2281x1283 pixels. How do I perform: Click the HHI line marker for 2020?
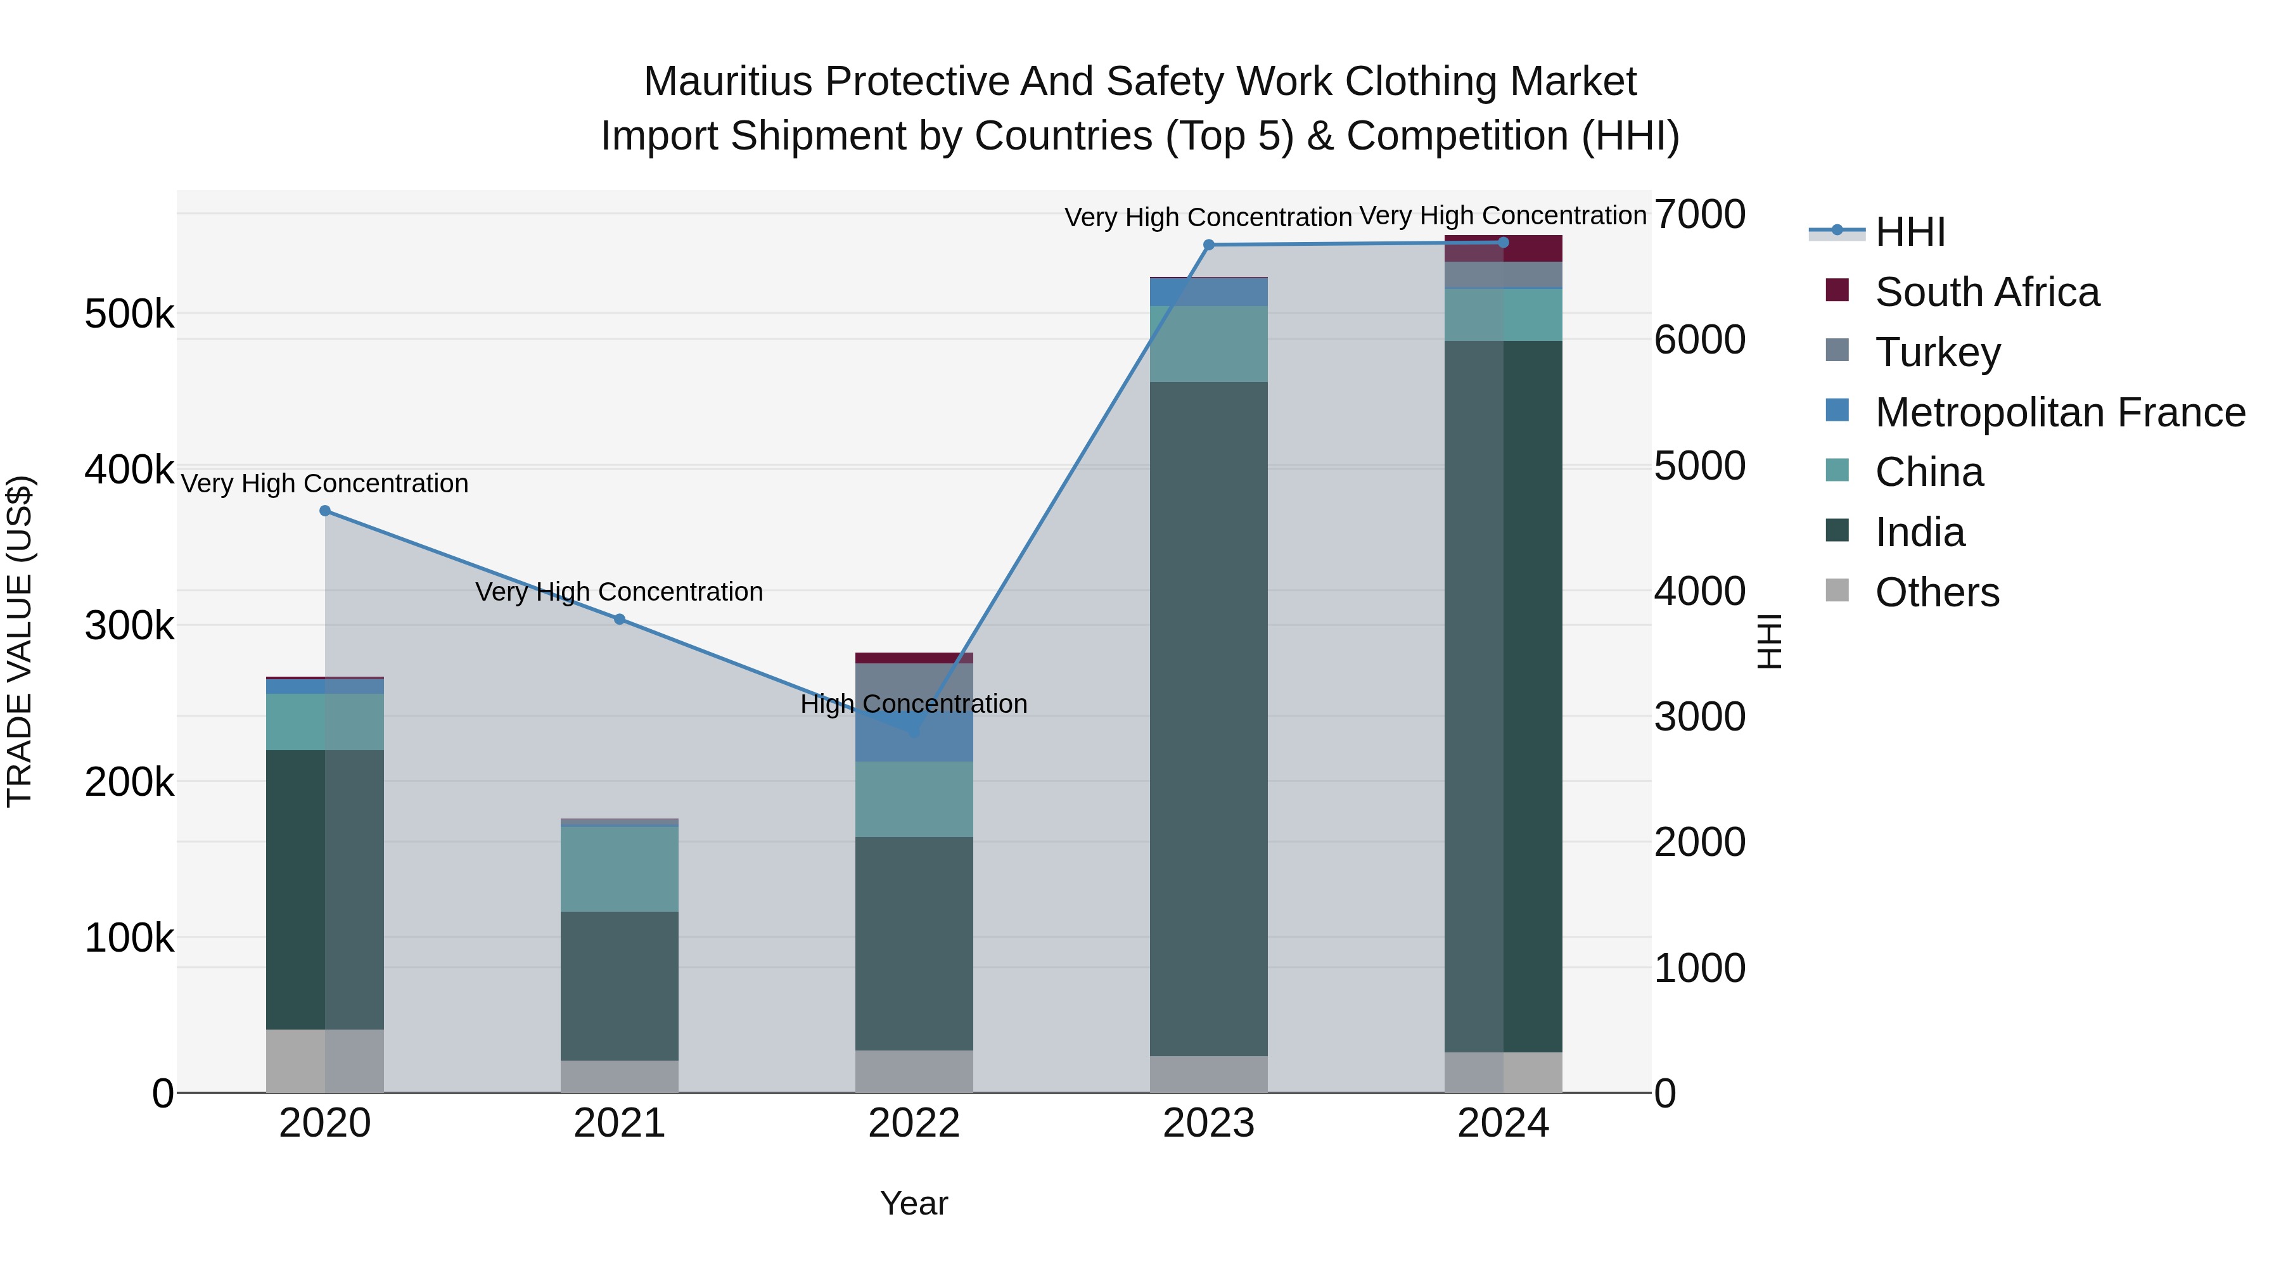pyautogui.click(x=325, y=511)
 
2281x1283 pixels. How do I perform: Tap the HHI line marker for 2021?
pyautogui.click(x=620, y=619)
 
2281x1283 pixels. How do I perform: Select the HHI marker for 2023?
pyautogui.click(x=1209, y=245)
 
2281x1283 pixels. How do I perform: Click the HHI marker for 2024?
pyautogui.click(x=1504, y=243)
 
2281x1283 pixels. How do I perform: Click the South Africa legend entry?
pyautogui.click(x=1986, y=292)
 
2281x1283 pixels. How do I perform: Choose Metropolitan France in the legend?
pyautogui.click(x=2060, y=412)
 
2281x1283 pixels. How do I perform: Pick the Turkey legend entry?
pyautogui.click(x=1938, y=352)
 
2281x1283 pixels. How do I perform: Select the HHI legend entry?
pyautogui.click(x=1910, y=232)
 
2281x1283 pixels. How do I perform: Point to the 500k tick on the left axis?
pyautogui.click(x=129, y=314)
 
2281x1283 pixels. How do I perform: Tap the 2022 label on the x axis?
pyautogui.click(x=914, y=1123)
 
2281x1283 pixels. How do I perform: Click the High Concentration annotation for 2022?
pyautogui.click(x=914, y=704)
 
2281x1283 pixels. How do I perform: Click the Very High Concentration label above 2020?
pyautogui.click(x=325, y=483)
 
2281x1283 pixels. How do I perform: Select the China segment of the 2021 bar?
pyautogui.click(x=620, y=868)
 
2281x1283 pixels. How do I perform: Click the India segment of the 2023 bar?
pyautogui.click(x=1209, y=717)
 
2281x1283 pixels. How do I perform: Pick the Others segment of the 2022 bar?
pyautogui.click(x=914, y=1071)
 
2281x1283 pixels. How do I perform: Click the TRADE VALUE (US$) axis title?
pyautogui.click(x=20, y=641)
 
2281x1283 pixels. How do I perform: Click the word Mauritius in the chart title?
pyautogui.click(x=728, y=82)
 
